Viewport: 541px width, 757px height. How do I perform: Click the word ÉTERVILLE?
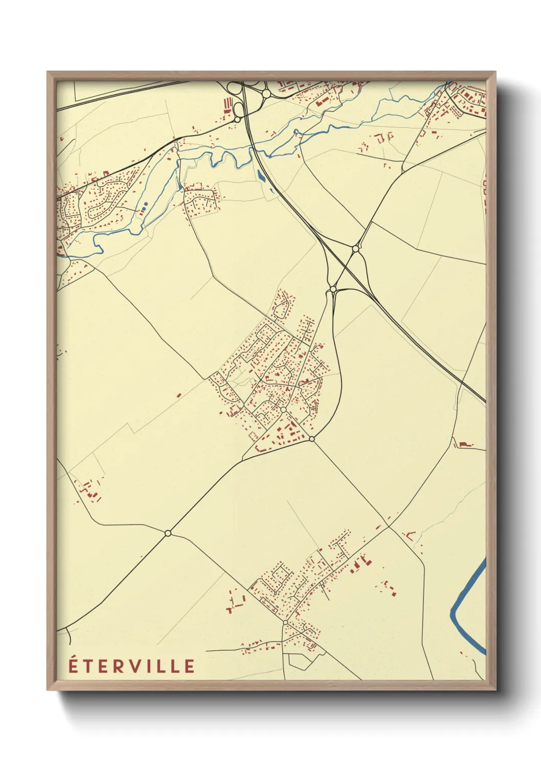pos(131,666)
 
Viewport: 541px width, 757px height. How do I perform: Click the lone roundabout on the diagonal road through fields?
pos(168,533)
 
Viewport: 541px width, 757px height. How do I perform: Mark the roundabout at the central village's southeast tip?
pos(312,439)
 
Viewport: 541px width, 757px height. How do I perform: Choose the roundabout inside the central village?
pos(283,409)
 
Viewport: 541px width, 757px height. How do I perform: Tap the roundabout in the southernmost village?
pos(285,622)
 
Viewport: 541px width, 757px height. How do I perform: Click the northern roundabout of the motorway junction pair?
pos(355,249)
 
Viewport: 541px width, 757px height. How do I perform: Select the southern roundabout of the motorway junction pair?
pos(333,290)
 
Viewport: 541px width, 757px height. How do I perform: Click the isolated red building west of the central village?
pos(178,395)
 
